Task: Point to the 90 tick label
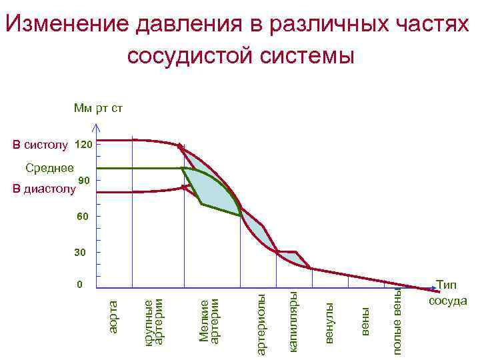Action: coord(83,180)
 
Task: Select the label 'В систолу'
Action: coord(41,145)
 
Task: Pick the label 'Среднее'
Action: coord(49,168)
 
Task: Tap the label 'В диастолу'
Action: coord(45,190)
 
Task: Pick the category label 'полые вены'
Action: coord(397,321)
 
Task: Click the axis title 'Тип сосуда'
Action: coord(448,293)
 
